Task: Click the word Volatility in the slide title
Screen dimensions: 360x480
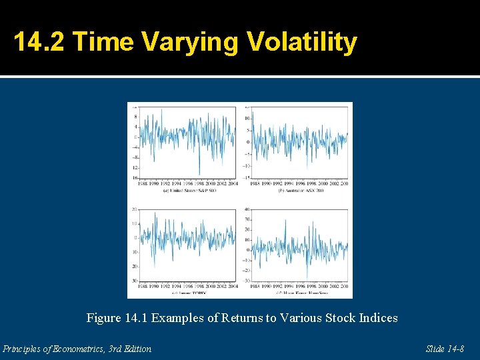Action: [302, 42]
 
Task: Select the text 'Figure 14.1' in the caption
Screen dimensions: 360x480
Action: [116, 318]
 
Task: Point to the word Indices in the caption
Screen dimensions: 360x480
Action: [377, 318]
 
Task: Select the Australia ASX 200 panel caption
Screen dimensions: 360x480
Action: [300, 191]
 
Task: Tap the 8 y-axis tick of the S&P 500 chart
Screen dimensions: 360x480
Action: [135, 116]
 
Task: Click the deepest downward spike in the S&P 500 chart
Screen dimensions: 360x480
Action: [199, 175]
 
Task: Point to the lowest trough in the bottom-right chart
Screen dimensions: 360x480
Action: [307, 280]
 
